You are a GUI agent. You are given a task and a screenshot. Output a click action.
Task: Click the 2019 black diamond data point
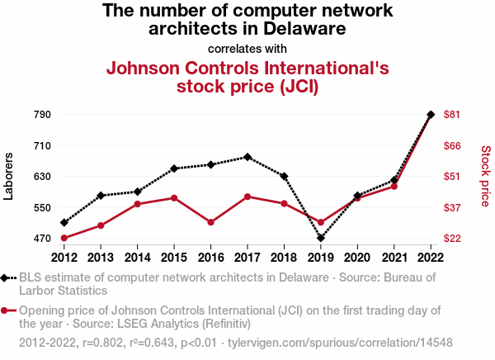coord(321,238)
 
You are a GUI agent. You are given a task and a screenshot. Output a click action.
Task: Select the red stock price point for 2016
coord(211,222)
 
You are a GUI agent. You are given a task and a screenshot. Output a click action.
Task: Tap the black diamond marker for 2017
coord(247,157)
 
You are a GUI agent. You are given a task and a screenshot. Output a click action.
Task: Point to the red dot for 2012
coord(64,238)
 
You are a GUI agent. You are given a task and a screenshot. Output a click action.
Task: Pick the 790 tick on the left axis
coord(42,115)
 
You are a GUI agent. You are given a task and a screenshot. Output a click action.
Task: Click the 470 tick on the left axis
coord(42,239)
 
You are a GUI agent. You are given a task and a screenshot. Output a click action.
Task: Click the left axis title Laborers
coord(9,176)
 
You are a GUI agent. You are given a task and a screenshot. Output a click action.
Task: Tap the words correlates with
coord(247,48)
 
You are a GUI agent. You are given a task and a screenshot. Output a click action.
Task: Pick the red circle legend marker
coord(7,310)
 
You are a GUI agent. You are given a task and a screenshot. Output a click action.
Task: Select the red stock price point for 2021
coord(394,186)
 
